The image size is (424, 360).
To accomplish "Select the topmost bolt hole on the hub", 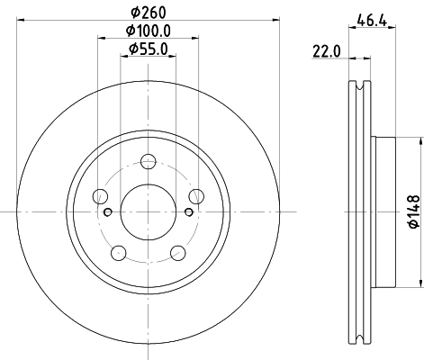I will (x=149, y=162).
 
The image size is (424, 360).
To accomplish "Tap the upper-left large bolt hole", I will (x=102, y=196).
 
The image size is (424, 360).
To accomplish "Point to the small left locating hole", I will (x=109, y=211).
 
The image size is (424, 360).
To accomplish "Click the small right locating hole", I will (x=188, y=211).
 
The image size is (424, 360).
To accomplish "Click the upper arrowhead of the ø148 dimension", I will (x=420, y=141).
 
